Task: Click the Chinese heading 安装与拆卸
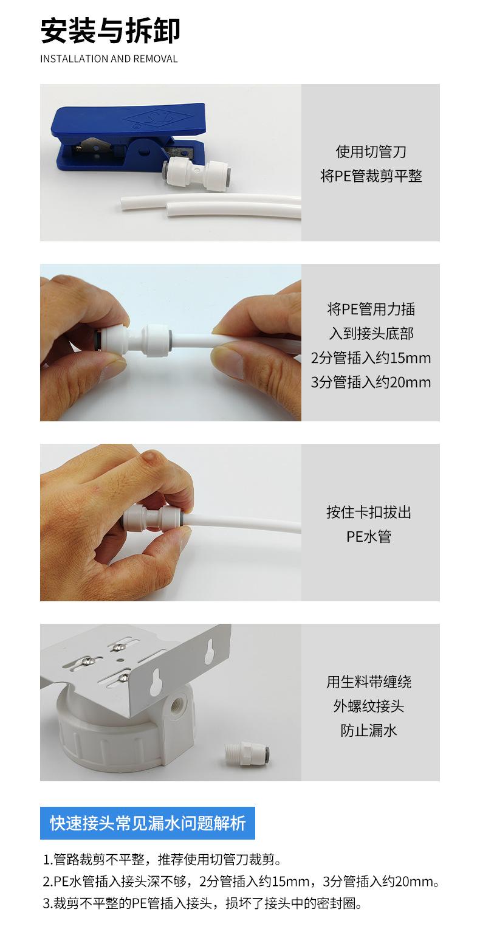[x=110, y=31]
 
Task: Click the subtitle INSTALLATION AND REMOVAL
[x=109, y=59]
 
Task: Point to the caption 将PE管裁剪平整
[x=371, y=176]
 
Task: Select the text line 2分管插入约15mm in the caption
[x=371, y=357]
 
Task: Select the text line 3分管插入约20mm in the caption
[x=371, y=382]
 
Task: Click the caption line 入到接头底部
[x=371, y=334]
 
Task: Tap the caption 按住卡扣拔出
[x=369, y=513]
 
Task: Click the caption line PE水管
[x=369, y=536]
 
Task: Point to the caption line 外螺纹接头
[x=369, y=706]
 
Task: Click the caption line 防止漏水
[x=369, y=730]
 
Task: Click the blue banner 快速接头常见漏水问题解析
[x=148, y=823]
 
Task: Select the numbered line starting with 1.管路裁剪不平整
[x=162, y=859]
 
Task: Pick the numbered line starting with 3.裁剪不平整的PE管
[x=203, y=903]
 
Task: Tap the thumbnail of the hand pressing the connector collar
[x=171, y=522]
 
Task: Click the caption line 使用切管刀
[x=371, y=151]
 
